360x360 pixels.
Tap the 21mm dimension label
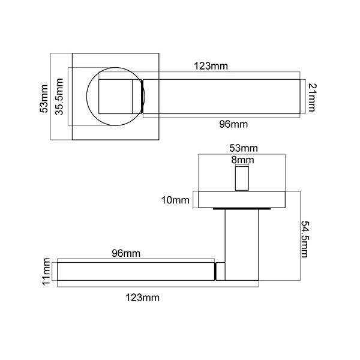(x=312, y=97)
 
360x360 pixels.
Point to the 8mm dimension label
(x=242, y=160)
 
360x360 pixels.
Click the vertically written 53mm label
(x=43, y=97)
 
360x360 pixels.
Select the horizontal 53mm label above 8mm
(x=243, y=148)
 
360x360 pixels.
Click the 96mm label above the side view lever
(x=126, y=253)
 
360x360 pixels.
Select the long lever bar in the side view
(x=135, y=272)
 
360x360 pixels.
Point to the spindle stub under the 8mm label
(x=242, y=179)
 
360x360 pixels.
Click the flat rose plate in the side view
(x=242, y=199)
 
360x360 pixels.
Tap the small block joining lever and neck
(x=220, y=271)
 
